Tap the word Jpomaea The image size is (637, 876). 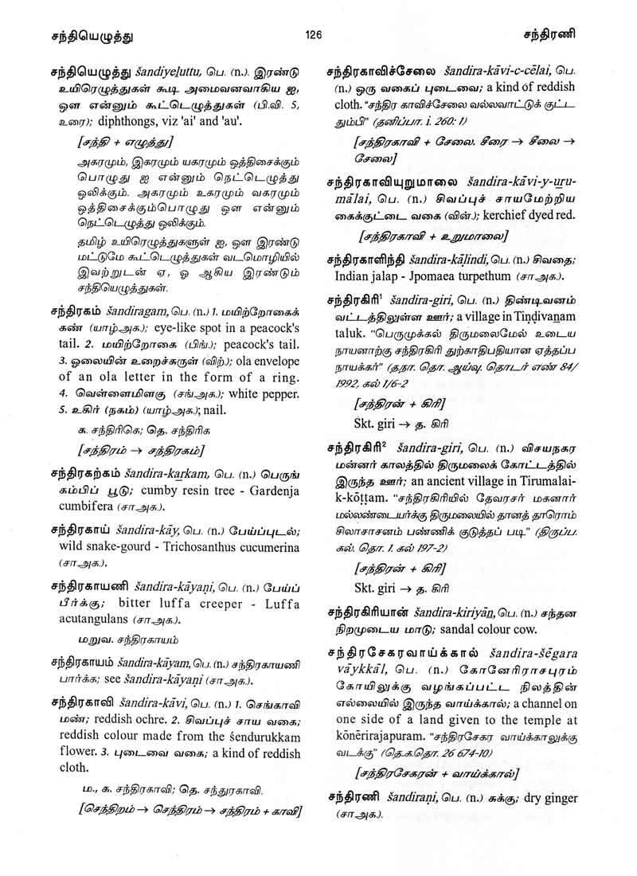(x=419, y=276)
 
